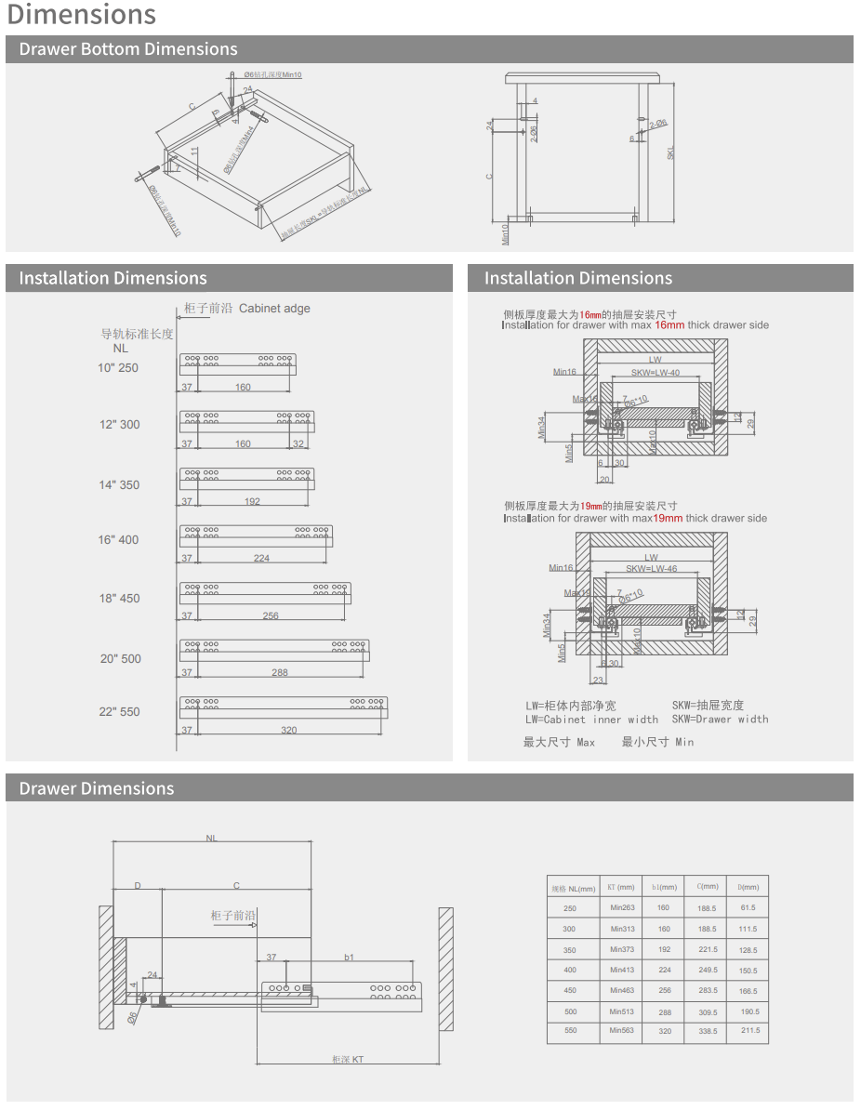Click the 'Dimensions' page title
82,15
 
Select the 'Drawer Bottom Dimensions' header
128,49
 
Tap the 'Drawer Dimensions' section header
97,788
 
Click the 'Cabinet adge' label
274,309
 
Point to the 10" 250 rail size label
118,368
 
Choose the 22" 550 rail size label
120,712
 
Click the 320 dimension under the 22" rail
289,730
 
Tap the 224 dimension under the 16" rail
261,558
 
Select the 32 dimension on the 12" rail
298,443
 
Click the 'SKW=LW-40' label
656,373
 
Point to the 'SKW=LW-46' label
651,568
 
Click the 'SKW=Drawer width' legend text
721,719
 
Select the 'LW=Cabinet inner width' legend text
591,719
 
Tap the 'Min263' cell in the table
622,907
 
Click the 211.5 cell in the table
749,1030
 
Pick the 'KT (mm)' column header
620,887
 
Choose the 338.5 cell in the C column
708,1031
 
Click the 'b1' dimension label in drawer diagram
349,957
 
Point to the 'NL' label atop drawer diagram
212,838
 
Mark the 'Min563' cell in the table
622,1030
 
